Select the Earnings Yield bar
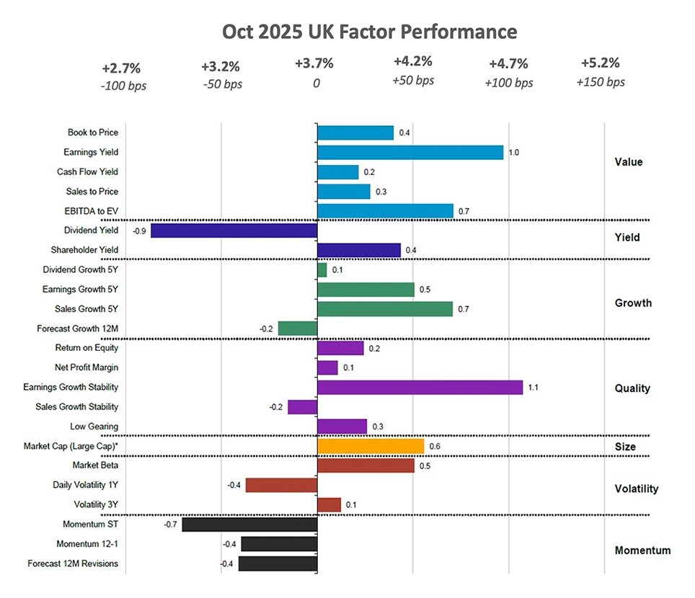point(410,152)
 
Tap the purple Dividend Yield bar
point(234,231)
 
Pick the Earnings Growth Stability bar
point(420,388)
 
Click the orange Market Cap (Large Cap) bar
point(371,447)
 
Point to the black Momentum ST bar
point(249,525)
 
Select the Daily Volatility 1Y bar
point(282,485)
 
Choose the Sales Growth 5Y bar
point(385,309)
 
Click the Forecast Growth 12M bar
point(298,329)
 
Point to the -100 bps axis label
point(121,84)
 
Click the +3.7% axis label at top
point(315,64)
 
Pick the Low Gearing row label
point(94,427)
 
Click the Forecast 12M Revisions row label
point(73,563)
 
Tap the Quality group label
point(632,388)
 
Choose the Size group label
point(625,447)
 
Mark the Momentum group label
point(642,550)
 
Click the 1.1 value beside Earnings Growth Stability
point(534,388)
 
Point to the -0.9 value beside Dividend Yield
point(140,231)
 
